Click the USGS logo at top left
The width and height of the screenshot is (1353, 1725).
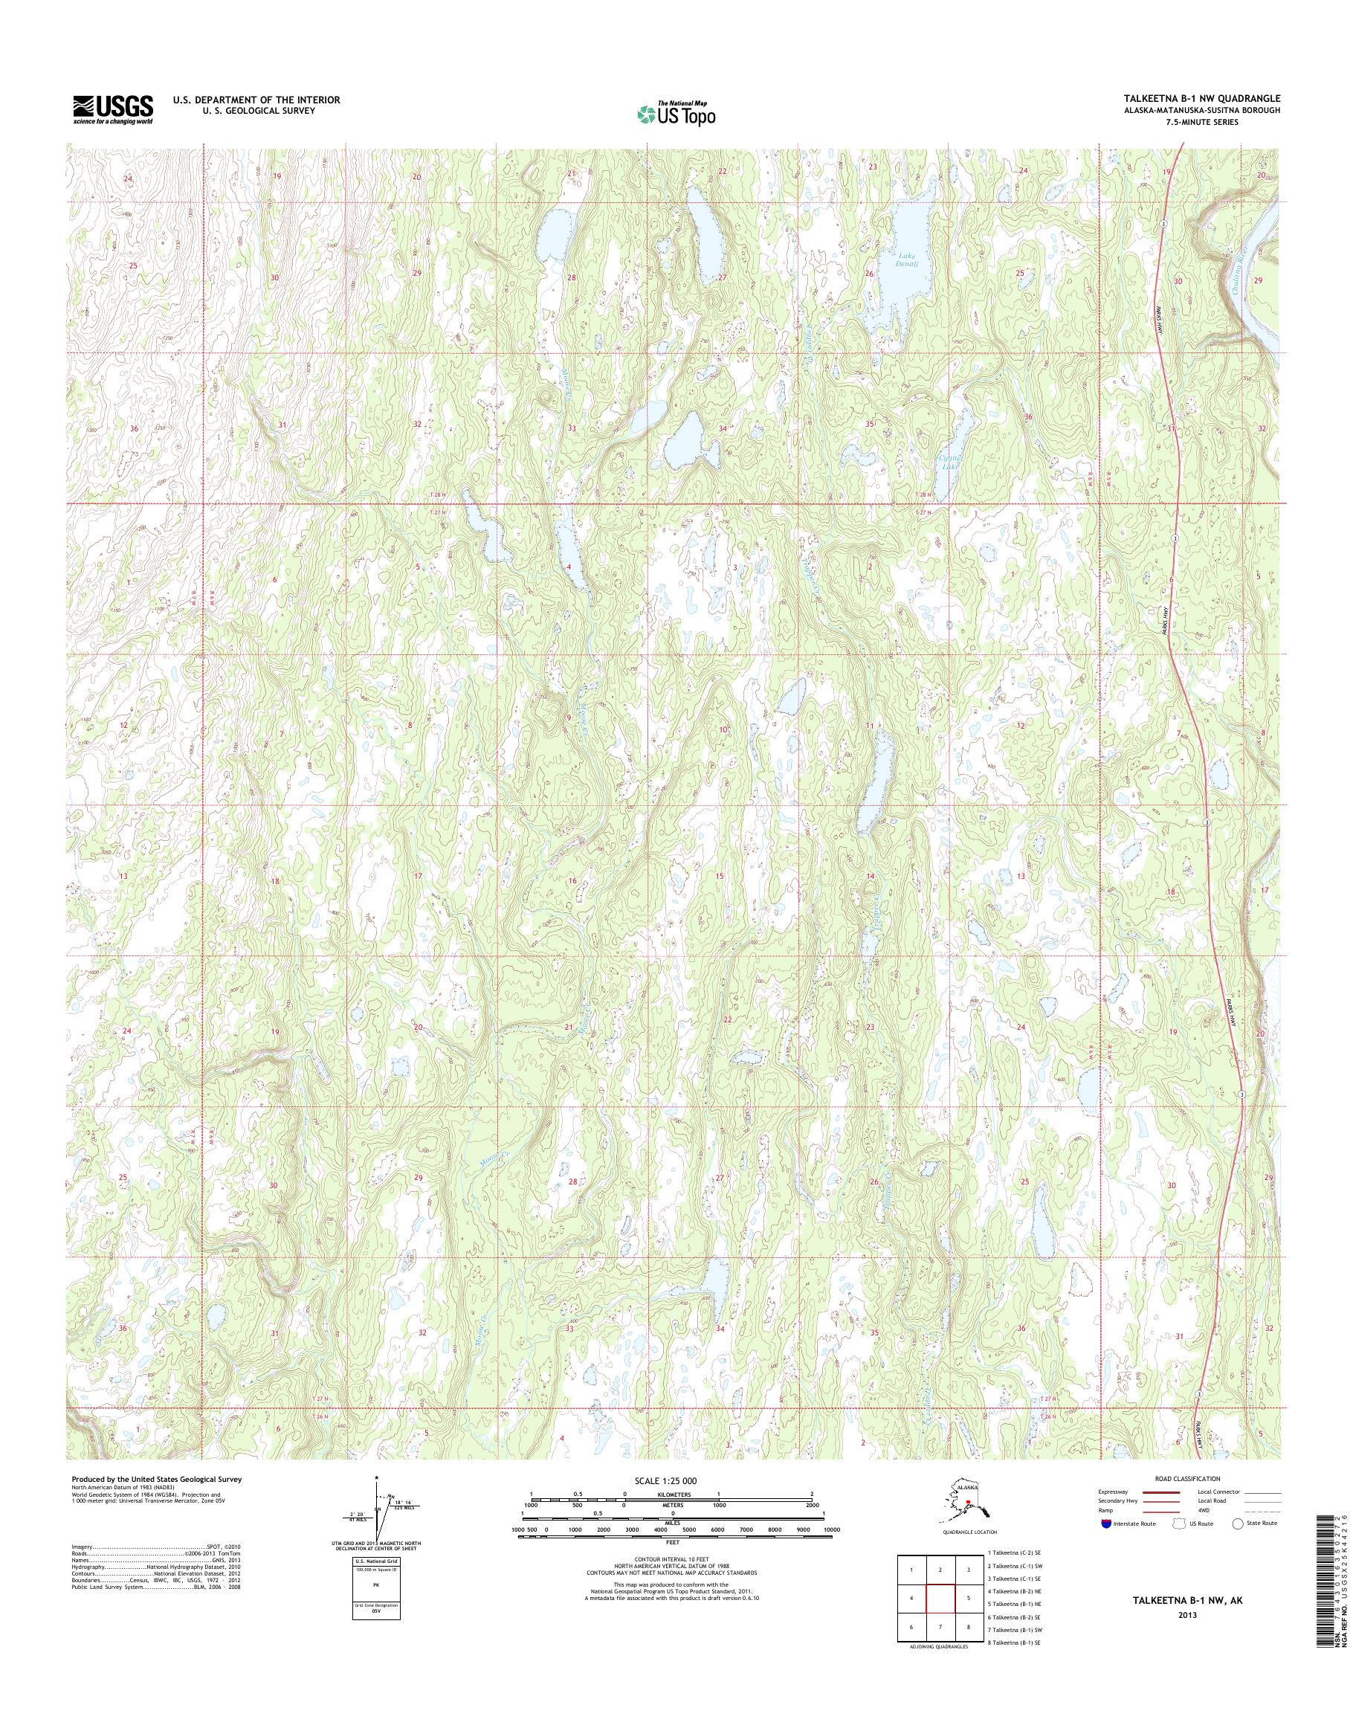pos(112,109)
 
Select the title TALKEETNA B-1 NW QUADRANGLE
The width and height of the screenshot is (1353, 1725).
pos(1201,98)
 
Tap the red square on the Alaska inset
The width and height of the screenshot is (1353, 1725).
pos(968,1500)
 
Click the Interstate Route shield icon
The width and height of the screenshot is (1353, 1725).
pos(1106,1523)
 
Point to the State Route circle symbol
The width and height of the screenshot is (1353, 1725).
pos(1237,1523)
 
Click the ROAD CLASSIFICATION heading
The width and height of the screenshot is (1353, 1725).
pos(1187,1479)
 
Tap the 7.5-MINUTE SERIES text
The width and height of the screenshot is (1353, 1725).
pos(1207,122)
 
